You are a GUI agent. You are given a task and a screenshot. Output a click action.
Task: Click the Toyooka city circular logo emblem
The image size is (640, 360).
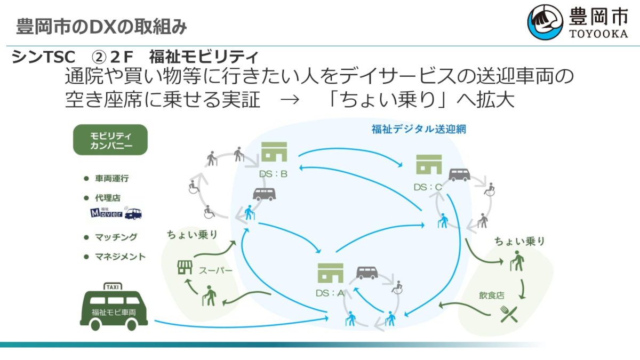(545, 23)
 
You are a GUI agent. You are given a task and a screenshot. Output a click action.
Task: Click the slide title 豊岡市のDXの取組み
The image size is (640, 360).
(102, 26)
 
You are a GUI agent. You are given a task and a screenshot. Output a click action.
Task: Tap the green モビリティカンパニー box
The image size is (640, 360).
(110, 140)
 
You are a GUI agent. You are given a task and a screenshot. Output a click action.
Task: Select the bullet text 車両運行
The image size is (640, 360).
(112, 178)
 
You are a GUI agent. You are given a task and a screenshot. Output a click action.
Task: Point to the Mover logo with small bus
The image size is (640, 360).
(116, 214)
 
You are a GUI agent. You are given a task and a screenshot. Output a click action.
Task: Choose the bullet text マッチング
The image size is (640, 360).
(116, 237)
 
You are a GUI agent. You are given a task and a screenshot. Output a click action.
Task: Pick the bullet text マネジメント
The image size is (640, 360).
(120, 257)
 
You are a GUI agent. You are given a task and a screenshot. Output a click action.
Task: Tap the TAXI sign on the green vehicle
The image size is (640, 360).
(113, 286)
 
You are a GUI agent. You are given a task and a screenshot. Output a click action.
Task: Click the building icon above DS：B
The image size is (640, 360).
(274, 152)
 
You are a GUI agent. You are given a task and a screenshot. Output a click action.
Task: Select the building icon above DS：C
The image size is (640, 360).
(429, 164)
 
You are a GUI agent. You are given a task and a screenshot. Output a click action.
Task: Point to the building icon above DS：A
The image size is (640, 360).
(330, 273)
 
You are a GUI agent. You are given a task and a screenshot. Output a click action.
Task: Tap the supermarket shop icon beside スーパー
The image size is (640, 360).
(184, 267)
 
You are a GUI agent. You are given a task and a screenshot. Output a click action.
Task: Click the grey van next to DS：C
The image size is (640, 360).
(459, 175)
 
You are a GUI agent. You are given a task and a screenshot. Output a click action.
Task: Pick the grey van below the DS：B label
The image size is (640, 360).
(264, 194)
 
